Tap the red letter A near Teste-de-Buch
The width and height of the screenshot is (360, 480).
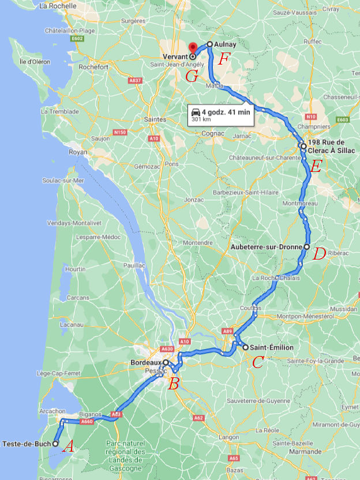(x=67, y=446)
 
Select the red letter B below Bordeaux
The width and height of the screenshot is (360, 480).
(x=173, y=383)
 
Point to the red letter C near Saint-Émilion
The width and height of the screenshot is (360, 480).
(x=258, y=362)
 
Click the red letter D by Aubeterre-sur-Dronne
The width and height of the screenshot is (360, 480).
(x=320, y=253)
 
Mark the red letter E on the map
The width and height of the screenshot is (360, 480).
(x=315, y=167)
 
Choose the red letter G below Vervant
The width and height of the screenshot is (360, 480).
(x=192, y=76)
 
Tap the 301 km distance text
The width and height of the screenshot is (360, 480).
(x=201, y=120)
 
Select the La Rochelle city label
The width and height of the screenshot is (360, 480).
(x=58, y=5)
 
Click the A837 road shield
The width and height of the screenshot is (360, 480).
(x=135, y=80)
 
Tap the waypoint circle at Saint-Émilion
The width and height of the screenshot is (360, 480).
(x=246, y=347)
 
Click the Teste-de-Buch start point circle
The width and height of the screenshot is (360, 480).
(x=55, y=444)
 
